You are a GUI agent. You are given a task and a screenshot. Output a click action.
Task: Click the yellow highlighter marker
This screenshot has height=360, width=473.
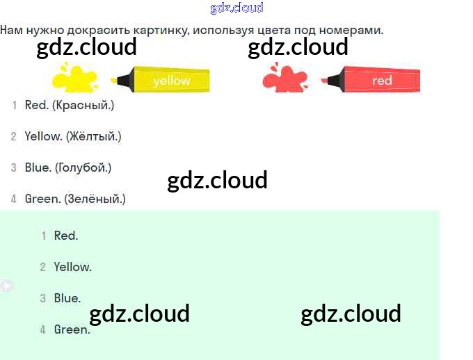(x=163, y=80)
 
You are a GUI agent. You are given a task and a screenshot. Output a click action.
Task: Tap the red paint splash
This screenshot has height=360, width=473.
(x=284, y=78)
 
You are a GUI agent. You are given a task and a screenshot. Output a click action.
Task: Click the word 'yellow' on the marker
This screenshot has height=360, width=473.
(x=172, y=81)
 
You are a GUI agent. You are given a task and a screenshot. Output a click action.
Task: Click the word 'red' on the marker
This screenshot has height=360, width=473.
(x=382, y=81)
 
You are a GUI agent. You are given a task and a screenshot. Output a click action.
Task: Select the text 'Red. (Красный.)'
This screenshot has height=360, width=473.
(x=69, y=105)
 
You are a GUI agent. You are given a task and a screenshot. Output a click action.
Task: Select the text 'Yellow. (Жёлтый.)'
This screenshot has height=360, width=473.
(x=73, y=136)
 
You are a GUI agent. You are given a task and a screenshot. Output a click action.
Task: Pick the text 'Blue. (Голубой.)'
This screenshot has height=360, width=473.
(x=68, y=167)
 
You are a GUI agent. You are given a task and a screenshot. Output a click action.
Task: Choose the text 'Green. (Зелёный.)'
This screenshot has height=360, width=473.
(x=75, y=199)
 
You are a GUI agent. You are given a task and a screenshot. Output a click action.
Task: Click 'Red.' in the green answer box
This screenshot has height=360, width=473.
(x=66, y=236)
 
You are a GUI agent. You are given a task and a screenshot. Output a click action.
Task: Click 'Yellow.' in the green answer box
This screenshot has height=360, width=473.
(x=73, y=267)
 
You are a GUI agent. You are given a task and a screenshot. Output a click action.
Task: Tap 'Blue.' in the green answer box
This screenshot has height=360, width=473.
(x=67, y=298)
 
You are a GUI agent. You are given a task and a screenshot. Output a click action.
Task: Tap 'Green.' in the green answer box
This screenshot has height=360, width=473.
(x=72, y=329)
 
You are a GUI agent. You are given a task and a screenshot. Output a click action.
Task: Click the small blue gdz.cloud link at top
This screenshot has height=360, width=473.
(x=236, y=8)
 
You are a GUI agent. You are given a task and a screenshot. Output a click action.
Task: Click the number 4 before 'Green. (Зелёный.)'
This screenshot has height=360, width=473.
(x=13, y=199)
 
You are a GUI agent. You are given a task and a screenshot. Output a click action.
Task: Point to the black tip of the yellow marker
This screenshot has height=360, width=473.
(x=119, y=81)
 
